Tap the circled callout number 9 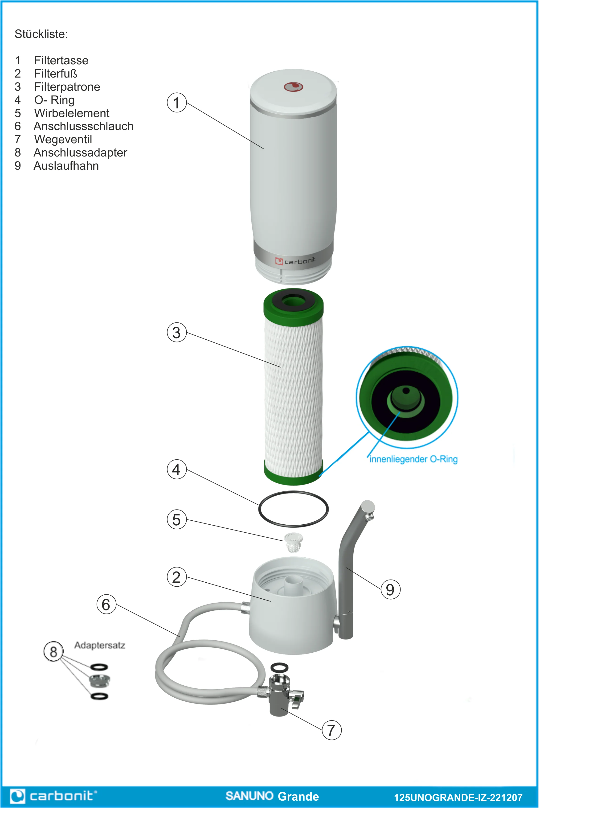pos(390,590)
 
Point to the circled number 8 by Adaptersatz pos(53,652)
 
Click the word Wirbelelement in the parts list pos(72,113)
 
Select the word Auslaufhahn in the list pos(66,166)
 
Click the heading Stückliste pos(41,34)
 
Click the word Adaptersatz pos(100,645)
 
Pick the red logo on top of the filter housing pos(293,87)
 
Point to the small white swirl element pos(293,542)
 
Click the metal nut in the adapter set pos(99,681)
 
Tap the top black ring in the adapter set pos(99,667)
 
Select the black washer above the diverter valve pos(279,667)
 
